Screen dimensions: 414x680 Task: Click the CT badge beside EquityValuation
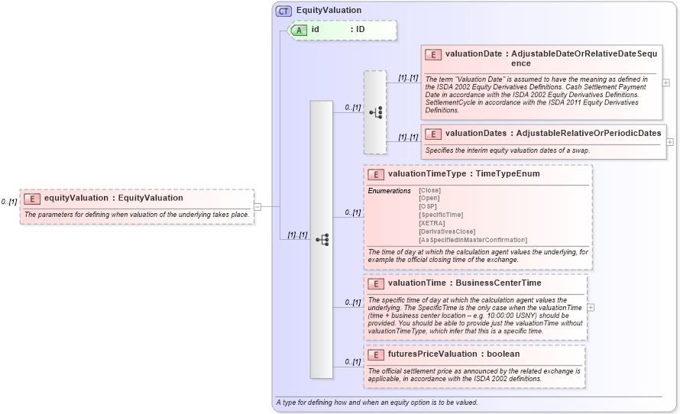[283, 11]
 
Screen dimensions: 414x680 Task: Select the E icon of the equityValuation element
[33, 199]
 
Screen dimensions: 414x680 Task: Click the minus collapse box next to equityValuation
[257, 205]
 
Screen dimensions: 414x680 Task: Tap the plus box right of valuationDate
[666, 82]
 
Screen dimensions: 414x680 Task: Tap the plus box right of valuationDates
[670, 142]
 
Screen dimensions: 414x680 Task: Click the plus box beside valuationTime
[591, 307]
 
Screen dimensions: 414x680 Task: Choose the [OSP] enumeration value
[428, 206]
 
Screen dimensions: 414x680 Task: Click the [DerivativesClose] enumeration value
[447, 231]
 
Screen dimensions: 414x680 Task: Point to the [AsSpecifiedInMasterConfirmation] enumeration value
[472, 240]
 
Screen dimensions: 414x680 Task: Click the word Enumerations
[390, 190]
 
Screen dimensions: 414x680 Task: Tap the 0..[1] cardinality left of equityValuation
[9, 202]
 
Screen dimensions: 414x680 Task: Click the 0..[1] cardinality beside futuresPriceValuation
[352, 361]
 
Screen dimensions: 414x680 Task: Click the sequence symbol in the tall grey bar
[322, 240]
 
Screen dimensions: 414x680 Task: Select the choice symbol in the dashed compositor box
[375, 112]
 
